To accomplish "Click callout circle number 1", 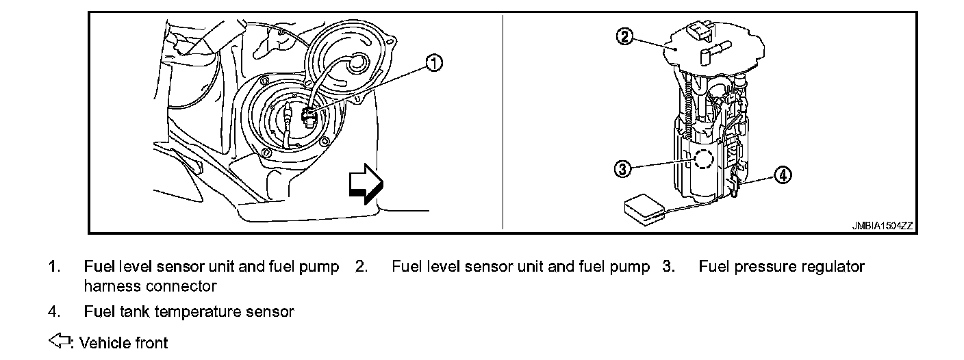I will tap(433, 64).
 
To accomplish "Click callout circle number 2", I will tap(624, 37).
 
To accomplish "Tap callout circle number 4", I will tap(783, 175).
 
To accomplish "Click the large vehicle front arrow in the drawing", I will tap(366, 183).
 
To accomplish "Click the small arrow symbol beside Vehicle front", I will tap(60, 342).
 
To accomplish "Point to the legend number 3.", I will tap(668, 266).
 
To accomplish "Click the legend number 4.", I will tap(53, 312).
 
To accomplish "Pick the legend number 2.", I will tap(361, 266).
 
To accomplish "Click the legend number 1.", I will tap(53, 266).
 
